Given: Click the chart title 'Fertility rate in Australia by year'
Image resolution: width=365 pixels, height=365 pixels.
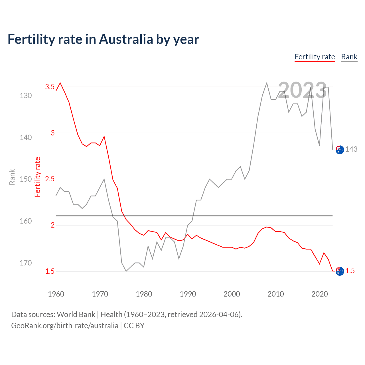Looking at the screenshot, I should click(103, 39).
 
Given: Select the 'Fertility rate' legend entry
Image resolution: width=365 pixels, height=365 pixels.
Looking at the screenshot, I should click(315, 57).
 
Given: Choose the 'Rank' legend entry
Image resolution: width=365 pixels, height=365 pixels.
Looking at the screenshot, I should click(349, 57).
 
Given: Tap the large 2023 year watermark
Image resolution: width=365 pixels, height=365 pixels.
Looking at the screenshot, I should click(302, 90).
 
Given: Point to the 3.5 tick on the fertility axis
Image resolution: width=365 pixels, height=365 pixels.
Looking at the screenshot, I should click(50, 87).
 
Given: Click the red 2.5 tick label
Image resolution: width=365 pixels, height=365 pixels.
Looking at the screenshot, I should click(50, 179).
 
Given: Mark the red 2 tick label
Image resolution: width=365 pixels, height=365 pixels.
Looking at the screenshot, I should click(52, 225).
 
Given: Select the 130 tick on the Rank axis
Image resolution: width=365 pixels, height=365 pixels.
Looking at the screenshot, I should click(26, 96).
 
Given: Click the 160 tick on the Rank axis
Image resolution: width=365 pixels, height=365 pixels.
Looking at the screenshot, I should click(26, 221).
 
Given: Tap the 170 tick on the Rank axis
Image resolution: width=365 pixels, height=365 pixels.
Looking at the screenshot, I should click(26, 263).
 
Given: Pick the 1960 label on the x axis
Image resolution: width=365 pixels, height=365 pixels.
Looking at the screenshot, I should click(56, 294).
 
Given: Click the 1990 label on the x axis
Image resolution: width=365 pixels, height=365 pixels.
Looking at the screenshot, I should click(188, 294).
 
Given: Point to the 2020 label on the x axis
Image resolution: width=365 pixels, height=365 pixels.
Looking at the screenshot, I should click(319, 294).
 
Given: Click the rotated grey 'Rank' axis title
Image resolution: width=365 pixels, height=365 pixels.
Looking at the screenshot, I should click(12, 177).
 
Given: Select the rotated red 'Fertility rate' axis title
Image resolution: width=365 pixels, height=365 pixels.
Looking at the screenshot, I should click(37, 177).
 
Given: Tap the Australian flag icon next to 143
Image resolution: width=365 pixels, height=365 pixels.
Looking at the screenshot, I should click(340, 150).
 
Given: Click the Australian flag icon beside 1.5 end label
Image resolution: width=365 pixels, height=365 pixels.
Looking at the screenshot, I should click(340, 271).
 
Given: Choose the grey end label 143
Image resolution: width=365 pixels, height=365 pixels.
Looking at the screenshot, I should click(351, 149).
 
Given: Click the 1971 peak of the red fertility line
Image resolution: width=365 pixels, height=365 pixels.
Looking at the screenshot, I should click(104, 136).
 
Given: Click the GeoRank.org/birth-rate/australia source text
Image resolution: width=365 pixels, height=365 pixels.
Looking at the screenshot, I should click(64, 326).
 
